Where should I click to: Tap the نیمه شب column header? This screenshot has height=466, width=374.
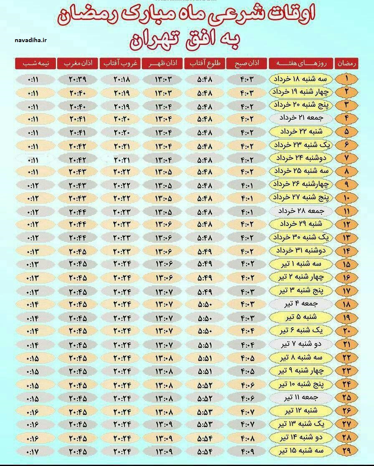[35, 63]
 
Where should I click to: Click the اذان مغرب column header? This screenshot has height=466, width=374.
[78, 63]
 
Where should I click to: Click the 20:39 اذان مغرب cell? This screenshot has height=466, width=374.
[77, 79]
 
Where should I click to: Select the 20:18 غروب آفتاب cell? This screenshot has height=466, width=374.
[121, 79]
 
